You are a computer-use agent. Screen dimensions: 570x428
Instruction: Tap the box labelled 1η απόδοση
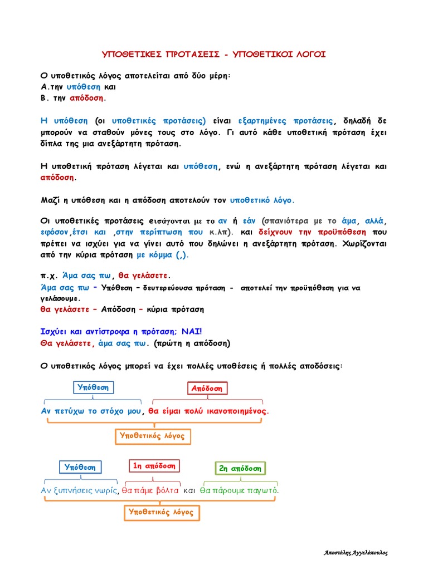[154, 466]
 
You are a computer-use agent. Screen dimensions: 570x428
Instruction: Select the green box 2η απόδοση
[240, 468]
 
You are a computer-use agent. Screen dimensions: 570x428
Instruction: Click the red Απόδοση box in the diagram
[207, 388]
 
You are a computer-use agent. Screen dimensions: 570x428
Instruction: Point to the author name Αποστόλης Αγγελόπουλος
[356, 553]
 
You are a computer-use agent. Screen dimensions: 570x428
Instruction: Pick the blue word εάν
[249, 220]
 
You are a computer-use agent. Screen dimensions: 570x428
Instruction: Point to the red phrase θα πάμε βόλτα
[150, 490]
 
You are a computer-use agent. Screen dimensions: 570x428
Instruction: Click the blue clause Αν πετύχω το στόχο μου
[91, 411]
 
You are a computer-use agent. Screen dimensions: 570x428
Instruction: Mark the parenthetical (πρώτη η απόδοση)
[192, 343]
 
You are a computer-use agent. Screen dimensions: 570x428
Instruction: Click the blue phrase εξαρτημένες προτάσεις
[285, 120]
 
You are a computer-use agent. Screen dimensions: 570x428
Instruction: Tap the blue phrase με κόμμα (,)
[163, 255]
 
